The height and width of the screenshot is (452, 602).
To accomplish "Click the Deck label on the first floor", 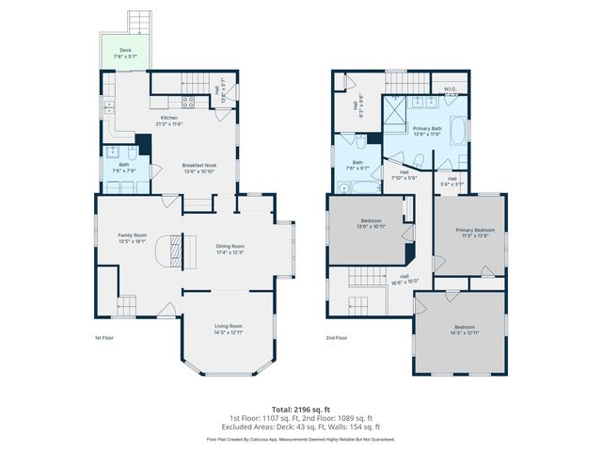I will pos(125,50).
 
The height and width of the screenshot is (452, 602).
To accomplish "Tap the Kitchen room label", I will pos(170,118).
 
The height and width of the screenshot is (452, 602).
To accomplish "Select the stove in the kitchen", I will pos(186,102).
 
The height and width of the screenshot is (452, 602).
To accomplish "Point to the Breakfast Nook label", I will pos(198,166).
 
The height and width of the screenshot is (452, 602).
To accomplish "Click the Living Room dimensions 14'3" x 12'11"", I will pos(229,332).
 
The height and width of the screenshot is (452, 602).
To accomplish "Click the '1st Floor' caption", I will pos(104,337).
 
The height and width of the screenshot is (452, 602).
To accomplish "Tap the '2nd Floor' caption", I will pos(337,337).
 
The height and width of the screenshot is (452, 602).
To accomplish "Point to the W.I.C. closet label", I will pos(451,89).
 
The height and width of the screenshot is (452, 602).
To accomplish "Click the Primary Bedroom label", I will pos(476,230).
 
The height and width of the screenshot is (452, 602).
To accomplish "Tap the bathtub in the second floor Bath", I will pos(354,186).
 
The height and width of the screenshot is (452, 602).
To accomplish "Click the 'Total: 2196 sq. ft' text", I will pos(301,410).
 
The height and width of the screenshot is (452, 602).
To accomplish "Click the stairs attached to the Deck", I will pos(138,20).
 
